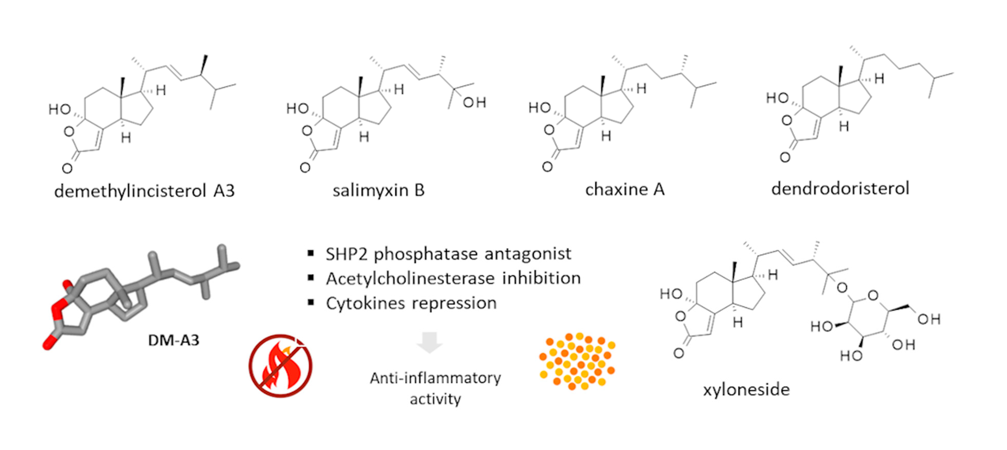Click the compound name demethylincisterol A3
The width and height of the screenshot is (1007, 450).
point(144,191)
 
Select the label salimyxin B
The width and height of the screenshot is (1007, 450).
point(378,190)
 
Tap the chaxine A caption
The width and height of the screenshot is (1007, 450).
point(625,189)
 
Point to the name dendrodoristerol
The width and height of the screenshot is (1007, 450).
point(840,188)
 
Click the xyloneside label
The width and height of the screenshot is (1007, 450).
point(746,389)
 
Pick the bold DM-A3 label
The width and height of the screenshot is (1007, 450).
point(173,340)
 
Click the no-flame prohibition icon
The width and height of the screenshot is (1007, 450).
point(280,365)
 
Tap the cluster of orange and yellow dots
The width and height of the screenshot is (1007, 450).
point(577,361)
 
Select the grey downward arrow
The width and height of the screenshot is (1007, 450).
point(429,342)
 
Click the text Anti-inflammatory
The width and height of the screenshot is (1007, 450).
point(435,378)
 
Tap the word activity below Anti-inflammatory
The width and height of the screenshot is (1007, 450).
point(435,399)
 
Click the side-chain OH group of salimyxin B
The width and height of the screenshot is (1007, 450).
point(474,103)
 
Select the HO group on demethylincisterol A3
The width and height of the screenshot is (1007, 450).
point(60,109)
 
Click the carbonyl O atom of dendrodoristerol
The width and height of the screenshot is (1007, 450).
point(785,157)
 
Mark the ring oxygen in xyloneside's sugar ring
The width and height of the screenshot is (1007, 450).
point(872,296)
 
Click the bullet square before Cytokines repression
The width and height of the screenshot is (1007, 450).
point(311,302)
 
